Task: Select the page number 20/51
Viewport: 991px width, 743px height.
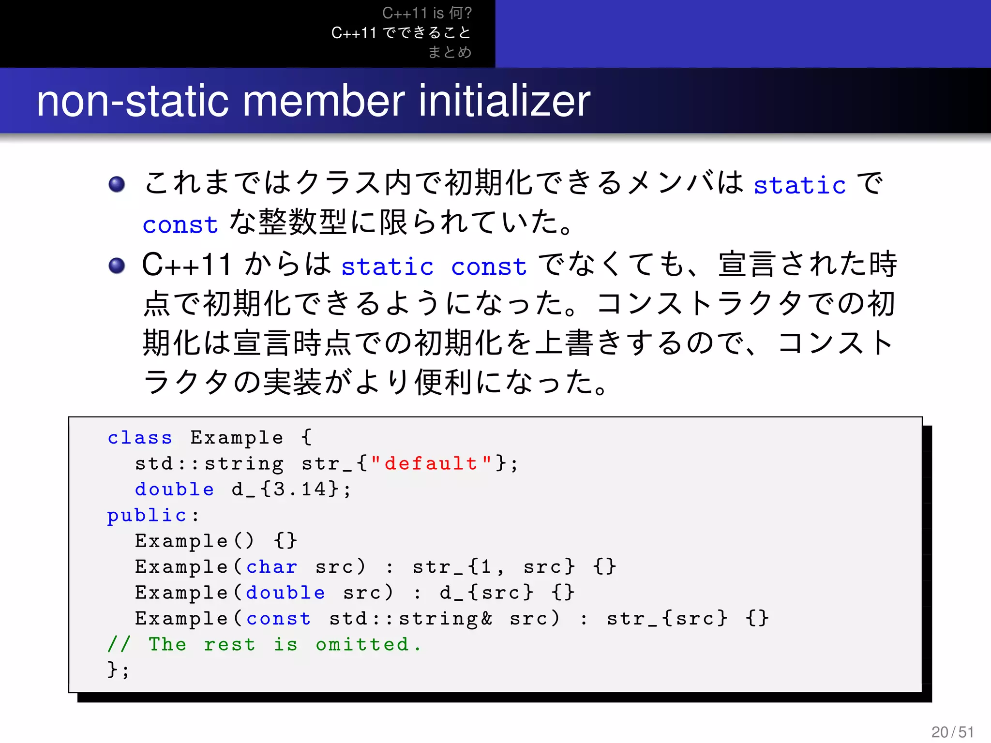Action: (952, 732)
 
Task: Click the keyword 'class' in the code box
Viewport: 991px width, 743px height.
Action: (140, 437)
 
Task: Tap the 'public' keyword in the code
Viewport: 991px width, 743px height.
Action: (147, 516)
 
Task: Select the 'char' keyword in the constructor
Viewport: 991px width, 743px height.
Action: (271, 566)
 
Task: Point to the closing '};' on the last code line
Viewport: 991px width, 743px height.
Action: (118, 670)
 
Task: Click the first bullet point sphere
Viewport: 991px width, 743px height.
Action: (117, 184)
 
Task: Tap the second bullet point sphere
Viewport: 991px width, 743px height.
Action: (117, 265)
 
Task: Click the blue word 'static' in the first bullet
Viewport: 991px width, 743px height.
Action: (799, 185)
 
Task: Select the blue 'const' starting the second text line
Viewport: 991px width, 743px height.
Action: (180, 225)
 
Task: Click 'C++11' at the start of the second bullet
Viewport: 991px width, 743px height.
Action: (186, 265)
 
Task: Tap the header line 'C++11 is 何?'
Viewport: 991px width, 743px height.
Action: (427, 13)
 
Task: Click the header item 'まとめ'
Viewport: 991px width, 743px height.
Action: (450, 52)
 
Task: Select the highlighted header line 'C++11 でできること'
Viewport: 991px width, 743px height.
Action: (401, 32)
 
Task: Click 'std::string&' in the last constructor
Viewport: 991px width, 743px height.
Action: (410, 618)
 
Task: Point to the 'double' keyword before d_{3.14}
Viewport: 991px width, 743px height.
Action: (174, 489)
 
